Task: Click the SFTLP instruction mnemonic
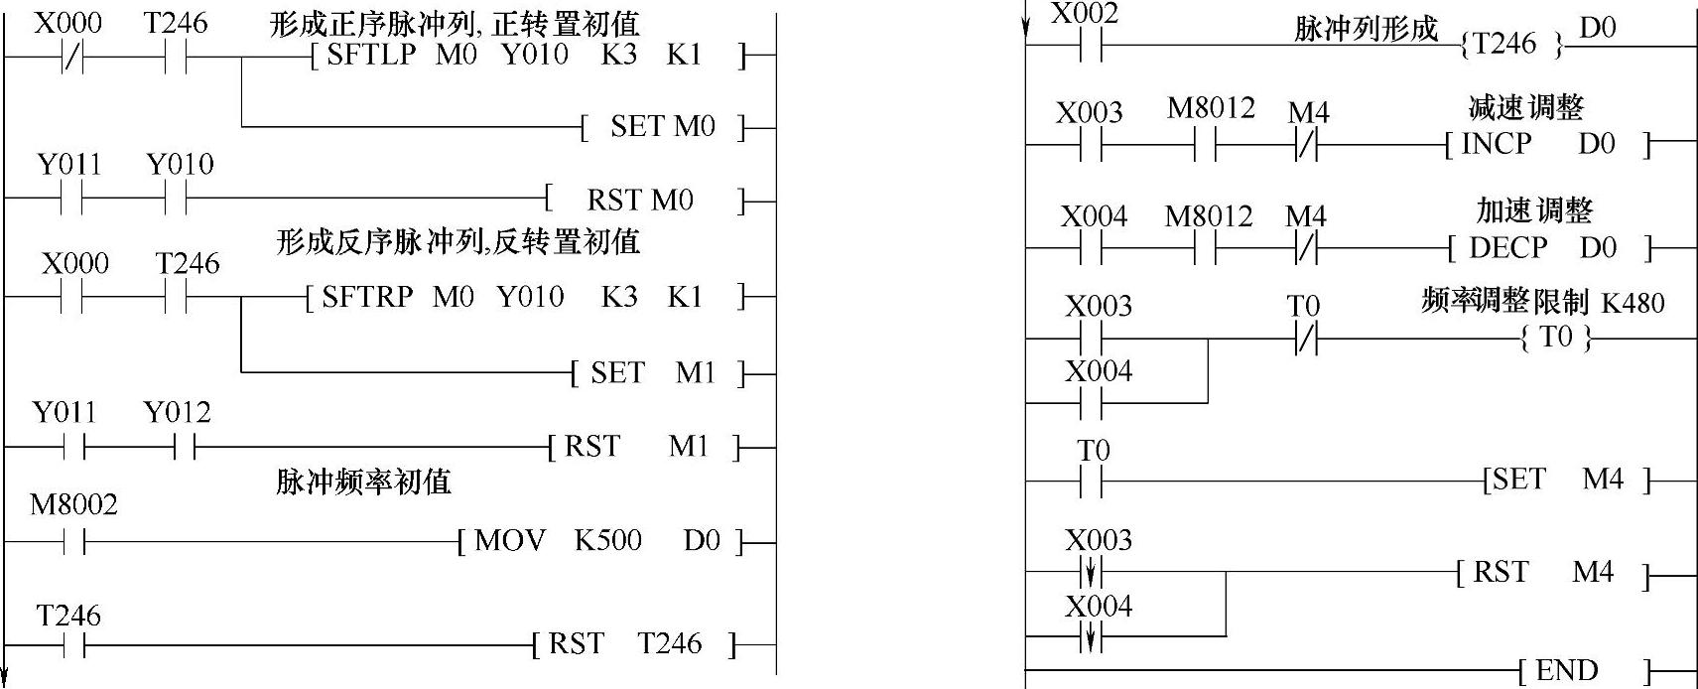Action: [370, 55]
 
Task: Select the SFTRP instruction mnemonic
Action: [367, 297]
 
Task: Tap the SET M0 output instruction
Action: [662, 127]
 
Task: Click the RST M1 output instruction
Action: [641, 447]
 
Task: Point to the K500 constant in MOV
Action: [607, 541]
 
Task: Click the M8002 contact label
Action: [73, 504]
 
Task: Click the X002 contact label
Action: [1084, 14]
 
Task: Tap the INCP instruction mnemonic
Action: [1496, 144]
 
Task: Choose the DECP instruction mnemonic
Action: [1507, 248]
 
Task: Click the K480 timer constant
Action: [1633, 303]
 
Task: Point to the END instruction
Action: [1566, 671]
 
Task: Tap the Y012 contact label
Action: [177, 412]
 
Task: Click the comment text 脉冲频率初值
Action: [363, 482]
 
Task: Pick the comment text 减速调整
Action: [1525, 107]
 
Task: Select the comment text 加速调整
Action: [1533, 210]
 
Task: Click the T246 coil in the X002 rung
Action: [1511, 44]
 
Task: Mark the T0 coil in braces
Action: [1556, 338]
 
